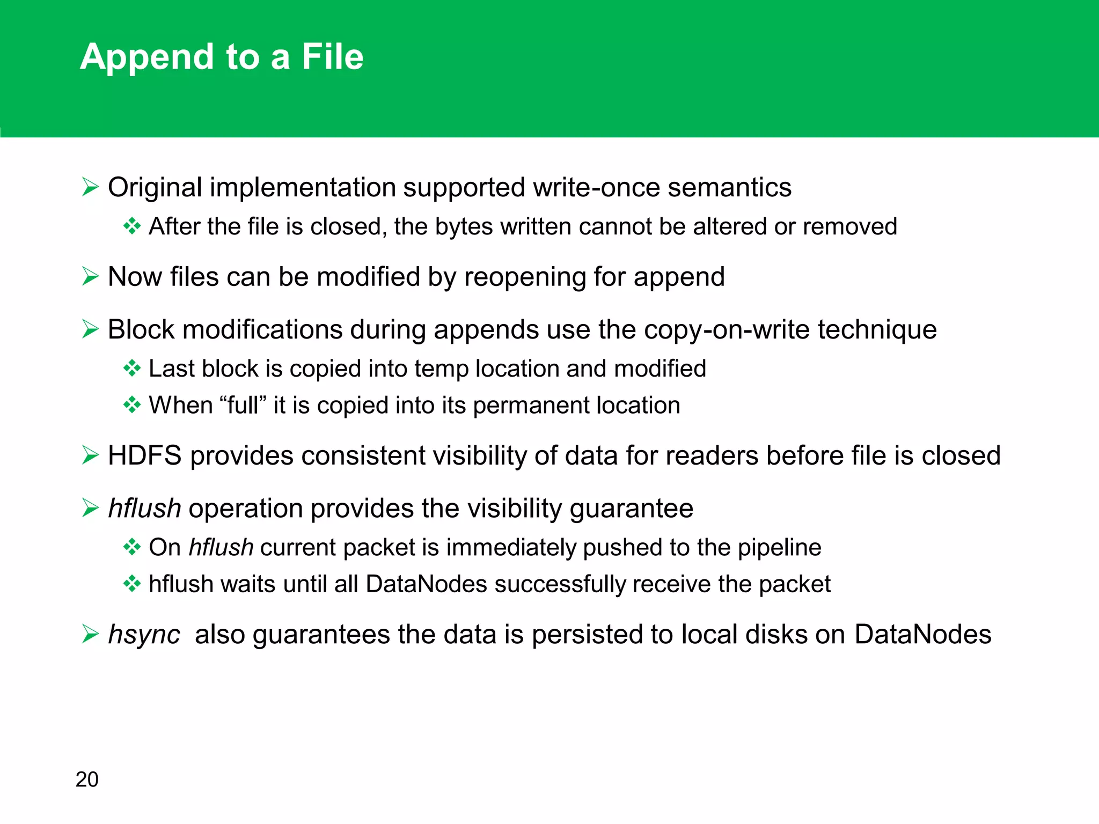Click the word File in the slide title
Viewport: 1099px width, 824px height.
click(x=332, y=57)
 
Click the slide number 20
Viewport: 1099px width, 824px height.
click(x=87, y=779)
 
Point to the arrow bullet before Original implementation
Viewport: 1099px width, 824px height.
click(x=90, y=187)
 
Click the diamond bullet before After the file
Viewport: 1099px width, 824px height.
click(x=131, y=226)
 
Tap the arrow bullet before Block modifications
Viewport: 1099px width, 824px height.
click(x=90, y=329)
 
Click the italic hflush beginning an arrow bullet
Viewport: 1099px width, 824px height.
click(x=144, y=508)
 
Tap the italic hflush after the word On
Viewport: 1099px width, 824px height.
click(x=221, y=548)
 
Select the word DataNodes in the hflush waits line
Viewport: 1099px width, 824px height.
click(x=426, y=584)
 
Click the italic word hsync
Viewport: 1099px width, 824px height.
click(x=144, y=635)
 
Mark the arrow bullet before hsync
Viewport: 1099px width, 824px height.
click(x=90, y=634)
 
